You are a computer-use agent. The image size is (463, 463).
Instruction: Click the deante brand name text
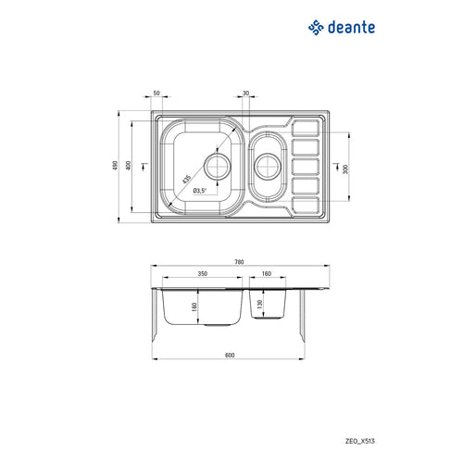coord(352,28)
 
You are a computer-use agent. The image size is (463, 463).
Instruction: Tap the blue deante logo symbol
coord(316,28)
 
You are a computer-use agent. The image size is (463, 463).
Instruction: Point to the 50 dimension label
coord(156,93)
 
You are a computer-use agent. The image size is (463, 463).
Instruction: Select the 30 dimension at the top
coord(245,93)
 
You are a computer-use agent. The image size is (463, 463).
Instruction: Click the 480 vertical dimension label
coord(115,166)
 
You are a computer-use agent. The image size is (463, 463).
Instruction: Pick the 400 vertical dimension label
coord(129,165)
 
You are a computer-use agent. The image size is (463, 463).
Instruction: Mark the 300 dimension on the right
coord(345,169)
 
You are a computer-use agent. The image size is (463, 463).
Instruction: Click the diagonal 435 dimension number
coord(186,180)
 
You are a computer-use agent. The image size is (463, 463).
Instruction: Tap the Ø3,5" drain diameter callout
coord(200,191)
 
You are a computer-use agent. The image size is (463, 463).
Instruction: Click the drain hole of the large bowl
coord(218,167)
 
